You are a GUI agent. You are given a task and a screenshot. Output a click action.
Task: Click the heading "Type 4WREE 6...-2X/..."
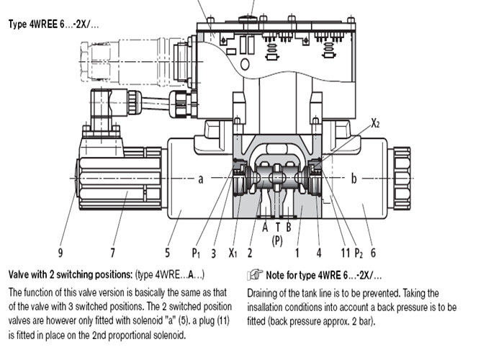54,24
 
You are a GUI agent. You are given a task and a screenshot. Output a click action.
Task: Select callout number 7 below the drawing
112,252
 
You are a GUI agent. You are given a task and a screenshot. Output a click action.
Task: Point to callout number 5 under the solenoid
167,252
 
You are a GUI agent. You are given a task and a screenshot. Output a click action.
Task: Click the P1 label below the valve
195,253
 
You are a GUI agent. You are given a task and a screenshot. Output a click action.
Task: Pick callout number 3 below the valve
214,252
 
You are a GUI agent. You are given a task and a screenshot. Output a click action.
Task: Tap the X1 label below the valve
233,253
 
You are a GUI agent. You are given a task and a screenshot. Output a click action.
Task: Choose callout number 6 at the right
373,252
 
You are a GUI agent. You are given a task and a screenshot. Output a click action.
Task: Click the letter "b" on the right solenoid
354,178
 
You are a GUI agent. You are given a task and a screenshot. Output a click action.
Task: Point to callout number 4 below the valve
318,252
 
